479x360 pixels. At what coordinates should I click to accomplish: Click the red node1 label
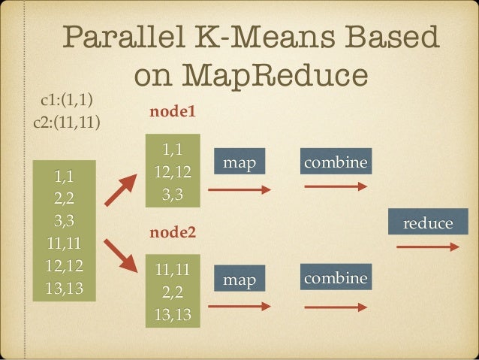[x=173, y=113]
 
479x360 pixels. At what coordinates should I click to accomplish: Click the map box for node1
[x=239, y=163]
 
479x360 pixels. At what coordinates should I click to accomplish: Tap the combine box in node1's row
[x=335, y=162]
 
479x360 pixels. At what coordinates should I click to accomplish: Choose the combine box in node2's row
[x=335, y=279]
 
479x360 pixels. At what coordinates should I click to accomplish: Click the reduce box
[x=427, y=223]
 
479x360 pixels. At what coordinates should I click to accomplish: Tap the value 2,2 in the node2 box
[x=173, y=291]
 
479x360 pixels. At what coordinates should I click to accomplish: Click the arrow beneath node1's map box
[x=239, y=190]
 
